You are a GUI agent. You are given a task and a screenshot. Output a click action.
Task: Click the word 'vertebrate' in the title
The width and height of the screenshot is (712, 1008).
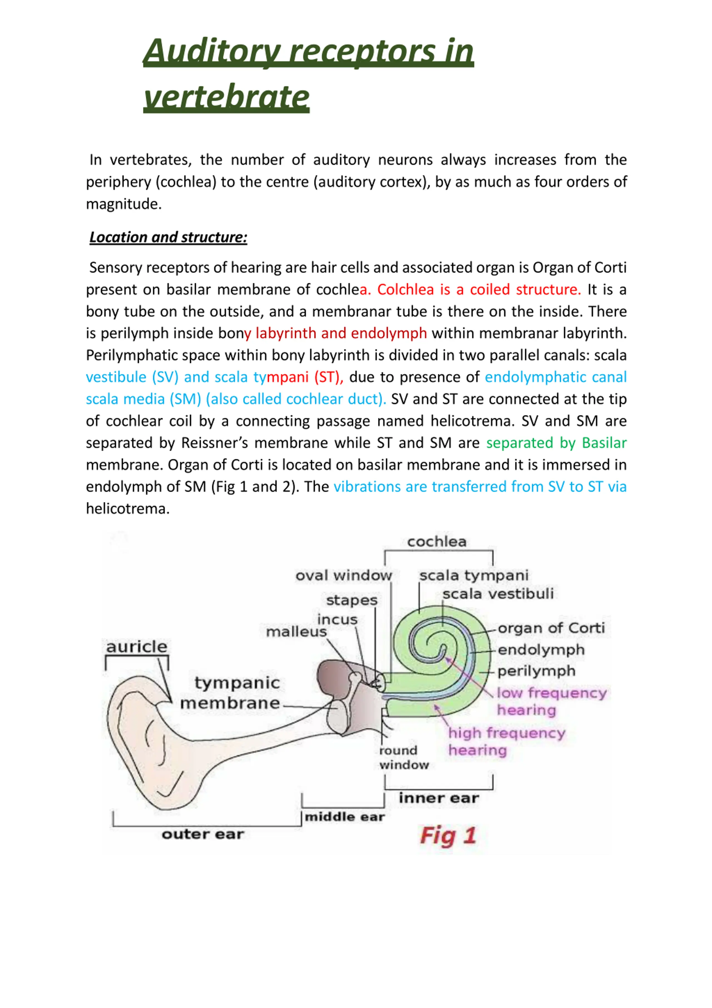tap(226, 97)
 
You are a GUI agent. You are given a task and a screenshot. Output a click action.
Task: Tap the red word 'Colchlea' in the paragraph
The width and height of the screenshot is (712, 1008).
tap(406, 289)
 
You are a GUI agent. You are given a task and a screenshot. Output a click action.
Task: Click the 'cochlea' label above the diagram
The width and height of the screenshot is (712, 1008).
tap(437, 541)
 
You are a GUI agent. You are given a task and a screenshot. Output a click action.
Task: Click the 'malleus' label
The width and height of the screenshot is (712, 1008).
tap(296, 632)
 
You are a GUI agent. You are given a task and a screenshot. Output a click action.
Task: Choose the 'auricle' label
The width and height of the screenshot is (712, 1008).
tap(137, 646)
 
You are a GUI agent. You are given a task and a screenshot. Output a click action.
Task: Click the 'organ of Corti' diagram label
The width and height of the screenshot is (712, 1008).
tap(551, 628)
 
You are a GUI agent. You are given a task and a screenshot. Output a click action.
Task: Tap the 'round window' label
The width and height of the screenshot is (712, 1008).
tap(403, 757)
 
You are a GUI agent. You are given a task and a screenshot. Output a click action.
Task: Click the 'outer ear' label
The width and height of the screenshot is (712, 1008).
tap(202, 834)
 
